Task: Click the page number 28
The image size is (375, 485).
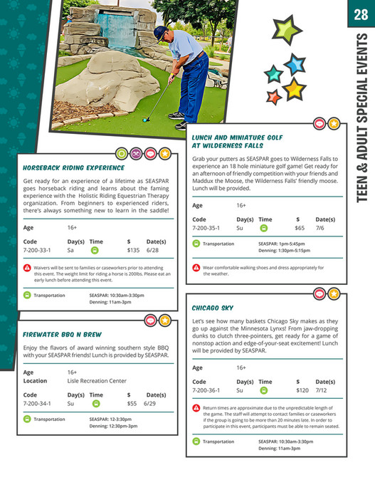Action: (x=361, y=14)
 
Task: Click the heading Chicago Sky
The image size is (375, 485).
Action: (x=212, y=308)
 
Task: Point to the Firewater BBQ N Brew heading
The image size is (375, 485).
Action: (x=62, y=334)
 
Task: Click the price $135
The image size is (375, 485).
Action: (x=133, y=251)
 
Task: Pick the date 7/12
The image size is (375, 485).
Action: (x=321, y=390)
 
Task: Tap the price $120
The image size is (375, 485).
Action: (x=302, y=390)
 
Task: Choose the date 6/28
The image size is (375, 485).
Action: (x=153, y=251)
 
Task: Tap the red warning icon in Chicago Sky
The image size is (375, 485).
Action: (x=196, y=407)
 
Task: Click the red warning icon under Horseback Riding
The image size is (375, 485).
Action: (x=27, y=268)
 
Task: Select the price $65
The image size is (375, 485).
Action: (x=300, y=229)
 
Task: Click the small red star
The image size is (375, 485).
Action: (x=273, y=96)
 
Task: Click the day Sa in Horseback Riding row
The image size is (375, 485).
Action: (x=70, y=251)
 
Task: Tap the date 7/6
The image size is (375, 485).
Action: (x=319, y=229)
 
